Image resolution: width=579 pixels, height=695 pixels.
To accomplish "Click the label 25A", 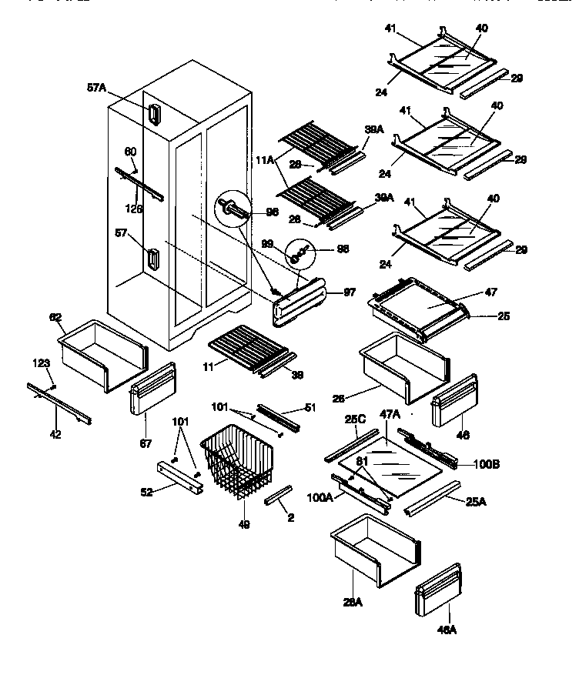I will pos(475,502).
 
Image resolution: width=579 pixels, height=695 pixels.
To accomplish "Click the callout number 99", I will pos(268,243).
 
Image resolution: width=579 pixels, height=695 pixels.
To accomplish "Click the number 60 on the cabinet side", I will pos(130,152).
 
